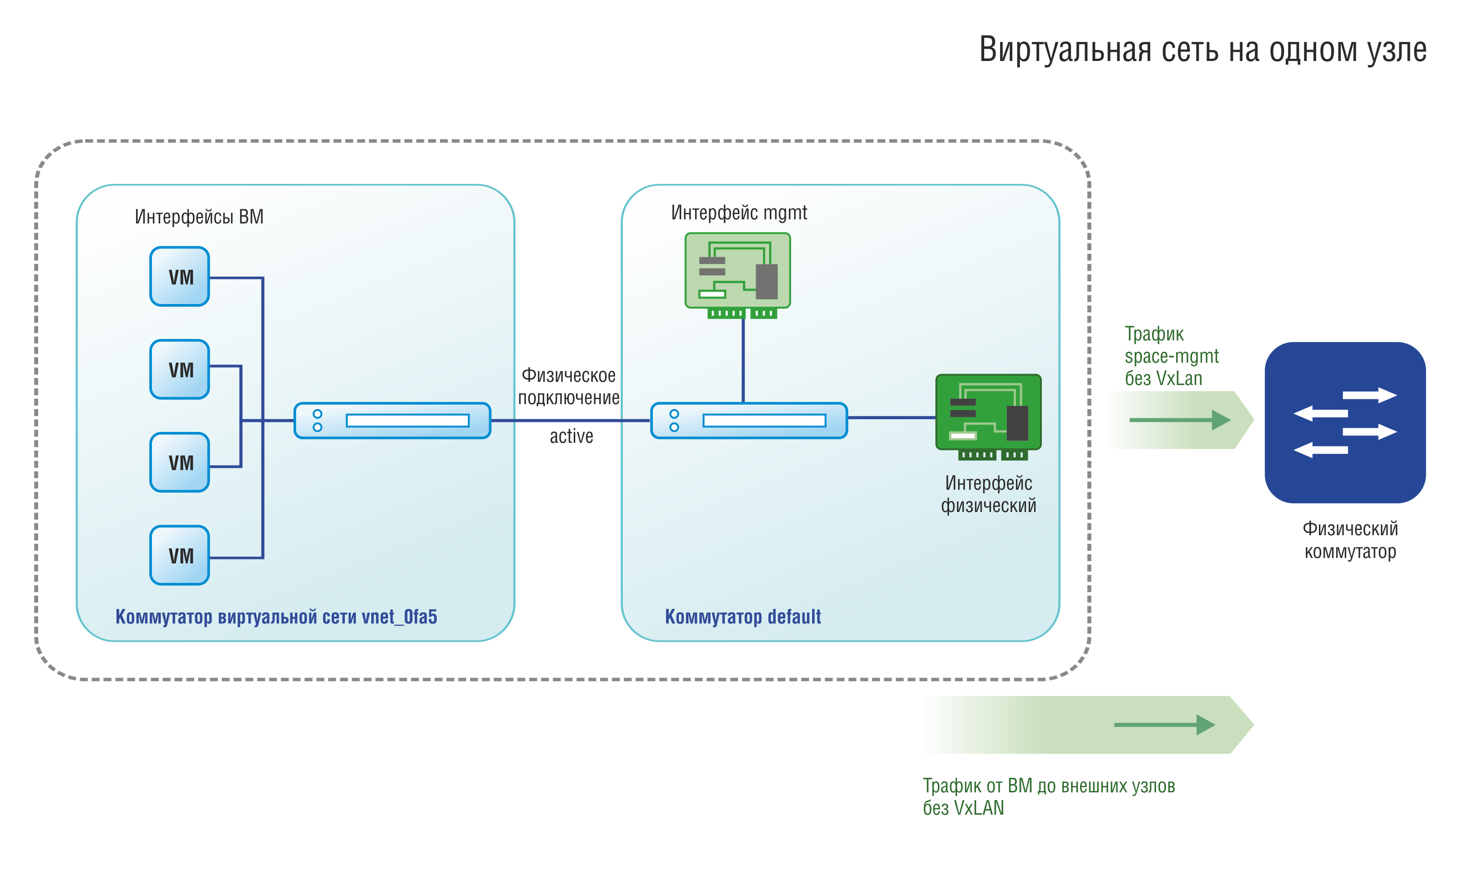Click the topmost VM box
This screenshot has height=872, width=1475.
(180, 276)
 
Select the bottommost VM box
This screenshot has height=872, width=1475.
(180, 555)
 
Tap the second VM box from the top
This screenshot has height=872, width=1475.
(180, 370)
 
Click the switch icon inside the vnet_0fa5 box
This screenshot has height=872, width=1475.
(392, 421)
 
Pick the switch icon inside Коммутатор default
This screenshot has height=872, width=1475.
(749, 421)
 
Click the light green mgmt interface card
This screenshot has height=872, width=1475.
(738, 275)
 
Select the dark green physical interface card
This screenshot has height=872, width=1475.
(989, 416)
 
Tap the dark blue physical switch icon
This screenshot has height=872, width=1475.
(1345, 422)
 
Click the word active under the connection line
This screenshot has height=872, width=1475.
(571, 436)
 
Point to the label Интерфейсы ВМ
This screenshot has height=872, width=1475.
(199, 217)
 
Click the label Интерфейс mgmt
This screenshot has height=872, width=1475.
(739, 213)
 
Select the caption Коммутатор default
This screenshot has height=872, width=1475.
(743, 616)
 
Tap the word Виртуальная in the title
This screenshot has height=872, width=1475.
(1065, 49)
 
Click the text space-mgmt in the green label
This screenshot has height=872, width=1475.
(1172, 356)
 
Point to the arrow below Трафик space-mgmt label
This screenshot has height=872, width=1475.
(1180, 420)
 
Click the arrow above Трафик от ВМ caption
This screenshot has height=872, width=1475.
(1165, 725)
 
